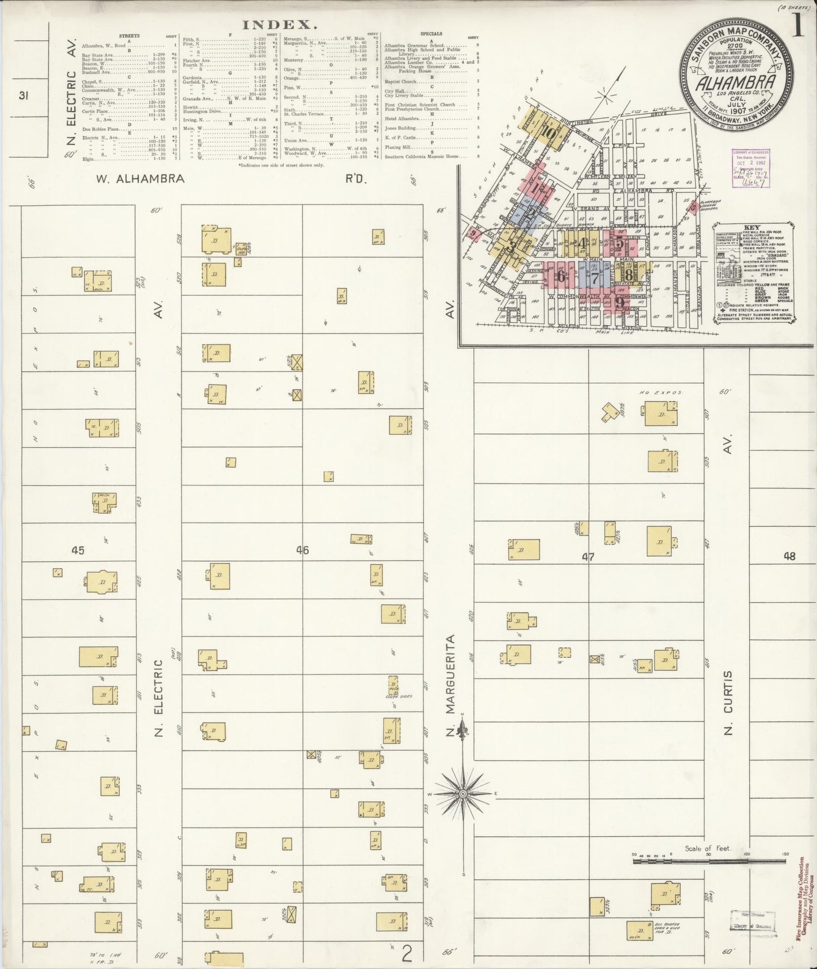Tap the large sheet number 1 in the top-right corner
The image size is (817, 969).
coord(798,26)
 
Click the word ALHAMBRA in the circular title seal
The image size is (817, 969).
coord(735,83)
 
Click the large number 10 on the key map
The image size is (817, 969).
coord(547,133)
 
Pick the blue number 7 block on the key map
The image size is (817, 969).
coord(595,278)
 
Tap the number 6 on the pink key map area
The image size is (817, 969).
coord(560,276)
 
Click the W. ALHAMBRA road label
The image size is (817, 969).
coord(140,179)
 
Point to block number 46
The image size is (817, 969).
coord(302,550)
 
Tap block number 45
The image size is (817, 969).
coord(78,550)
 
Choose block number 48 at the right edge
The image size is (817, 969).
coord(789,556)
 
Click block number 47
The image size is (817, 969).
coord(588,557)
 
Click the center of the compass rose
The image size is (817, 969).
coord(463,794)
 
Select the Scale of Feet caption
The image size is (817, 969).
coord(707,849)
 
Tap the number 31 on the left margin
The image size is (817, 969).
coord(23,96)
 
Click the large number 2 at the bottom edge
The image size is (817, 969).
coord(406,954)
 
